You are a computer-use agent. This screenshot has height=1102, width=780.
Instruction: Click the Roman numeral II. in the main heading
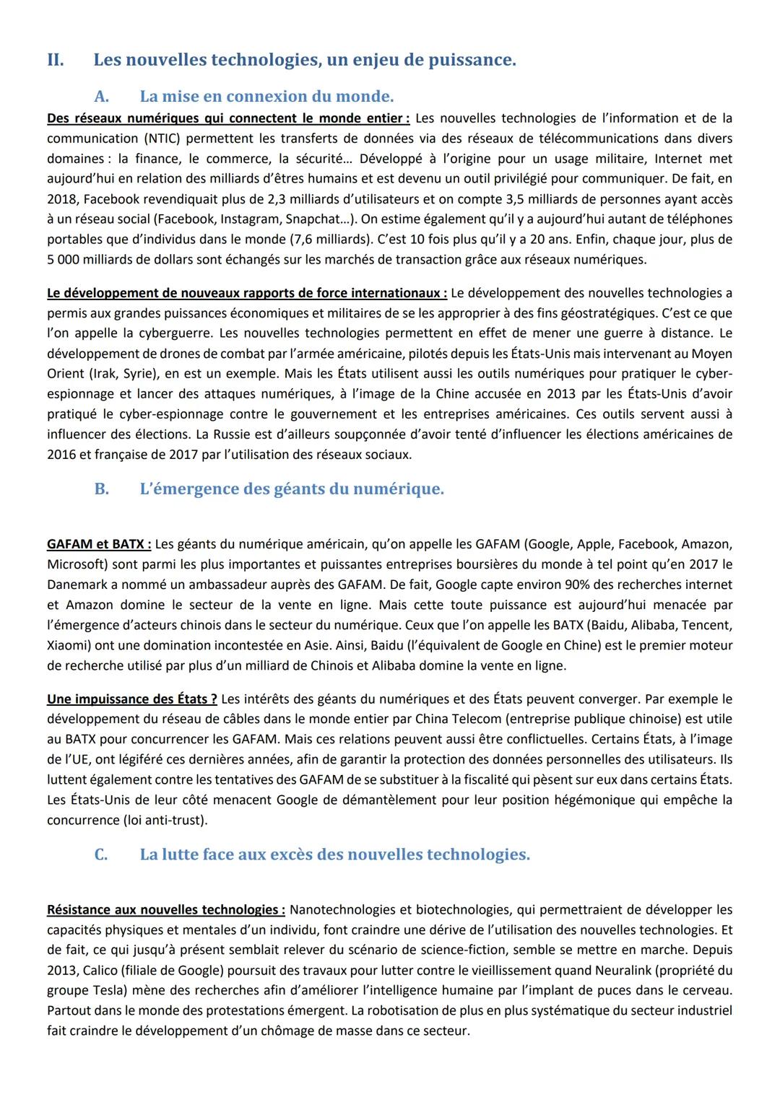coord(56,60)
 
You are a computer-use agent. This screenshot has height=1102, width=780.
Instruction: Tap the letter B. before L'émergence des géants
coord(101,489)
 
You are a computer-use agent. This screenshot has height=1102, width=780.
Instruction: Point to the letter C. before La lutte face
coord(101,854)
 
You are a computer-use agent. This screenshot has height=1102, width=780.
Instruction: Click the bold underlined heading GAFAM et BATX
coord(98,543)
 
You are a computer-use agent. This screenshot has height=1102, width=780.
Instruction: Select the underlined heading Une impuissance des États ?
coord(131,699)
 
